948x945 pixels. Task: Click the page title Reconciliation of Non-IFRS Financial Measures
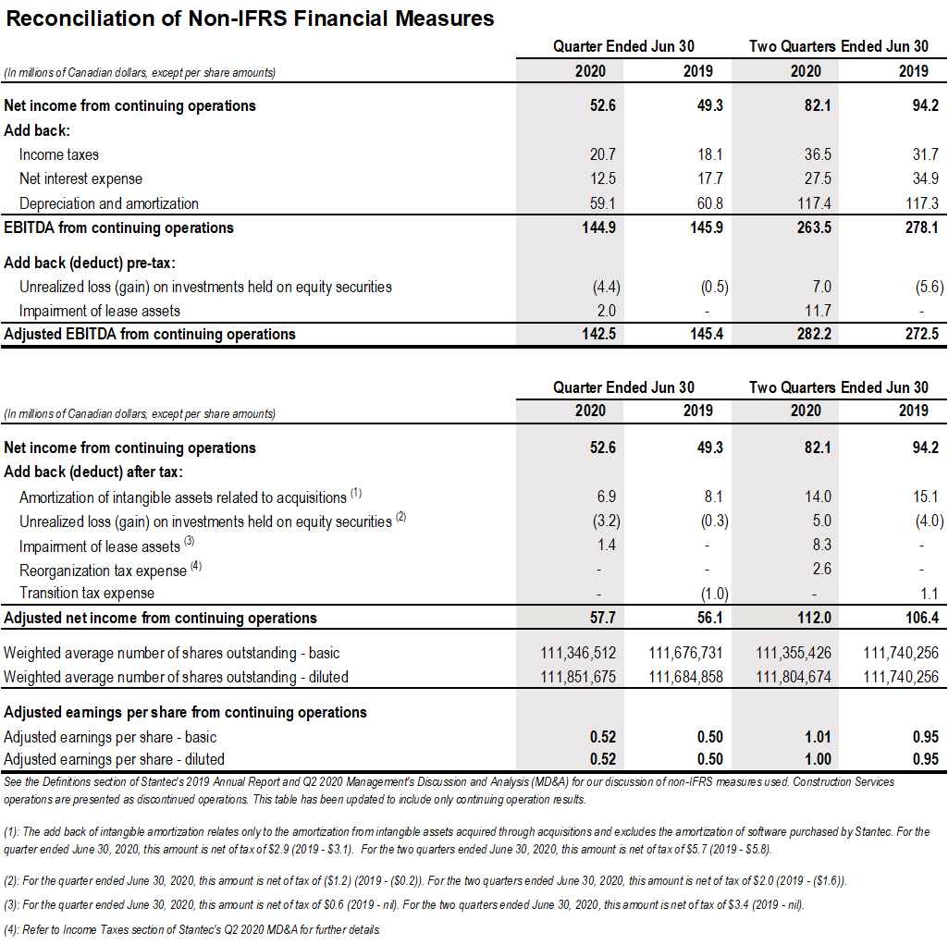tap(250, 18)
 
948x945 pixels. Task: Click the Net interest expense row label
tap(80, 178)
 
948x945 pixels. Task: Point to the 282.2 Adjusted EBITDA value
tap(813, 335)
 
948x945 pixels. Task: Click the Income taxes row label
tap(58, 154)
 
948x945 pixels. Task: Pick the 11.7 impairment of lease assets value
tap(819, 311)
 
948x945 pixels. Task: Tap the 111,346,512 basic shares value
tap(578, 653)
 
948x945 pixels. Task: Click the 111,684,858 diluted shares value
tap(686, 677)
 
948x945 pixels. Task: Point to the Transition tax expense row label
tap(87, 593)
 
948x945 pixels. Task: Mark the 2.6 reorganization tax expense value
tap(821, 569)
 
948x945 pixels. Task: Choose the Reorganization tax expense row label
tap(103, 571)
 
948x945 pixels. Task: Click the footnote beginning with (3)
tap(404, 905)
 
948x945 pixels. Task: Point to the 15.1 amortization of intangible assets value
tap(925, 497)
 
